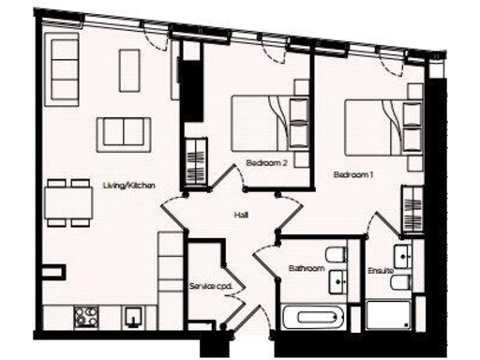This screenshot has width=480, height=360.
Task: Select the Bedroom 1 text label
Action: click(x=353, y=174)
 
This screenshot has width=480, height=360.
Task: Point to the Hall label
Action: click(x=241, y=216)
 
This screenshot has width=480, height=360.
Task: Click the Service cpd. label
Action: click(x=209, y=284)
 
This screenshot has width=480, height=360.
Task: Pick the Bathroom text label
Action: click(x=306, y=270)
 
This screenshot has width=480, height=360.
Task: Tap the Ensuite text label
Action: click(x=380, y=272)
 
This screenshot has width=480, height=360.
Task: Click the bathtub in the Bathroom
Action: click(x=314, y=315)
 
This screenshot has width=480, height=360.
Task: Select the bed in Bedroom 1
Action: click(x=375, y=127)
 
